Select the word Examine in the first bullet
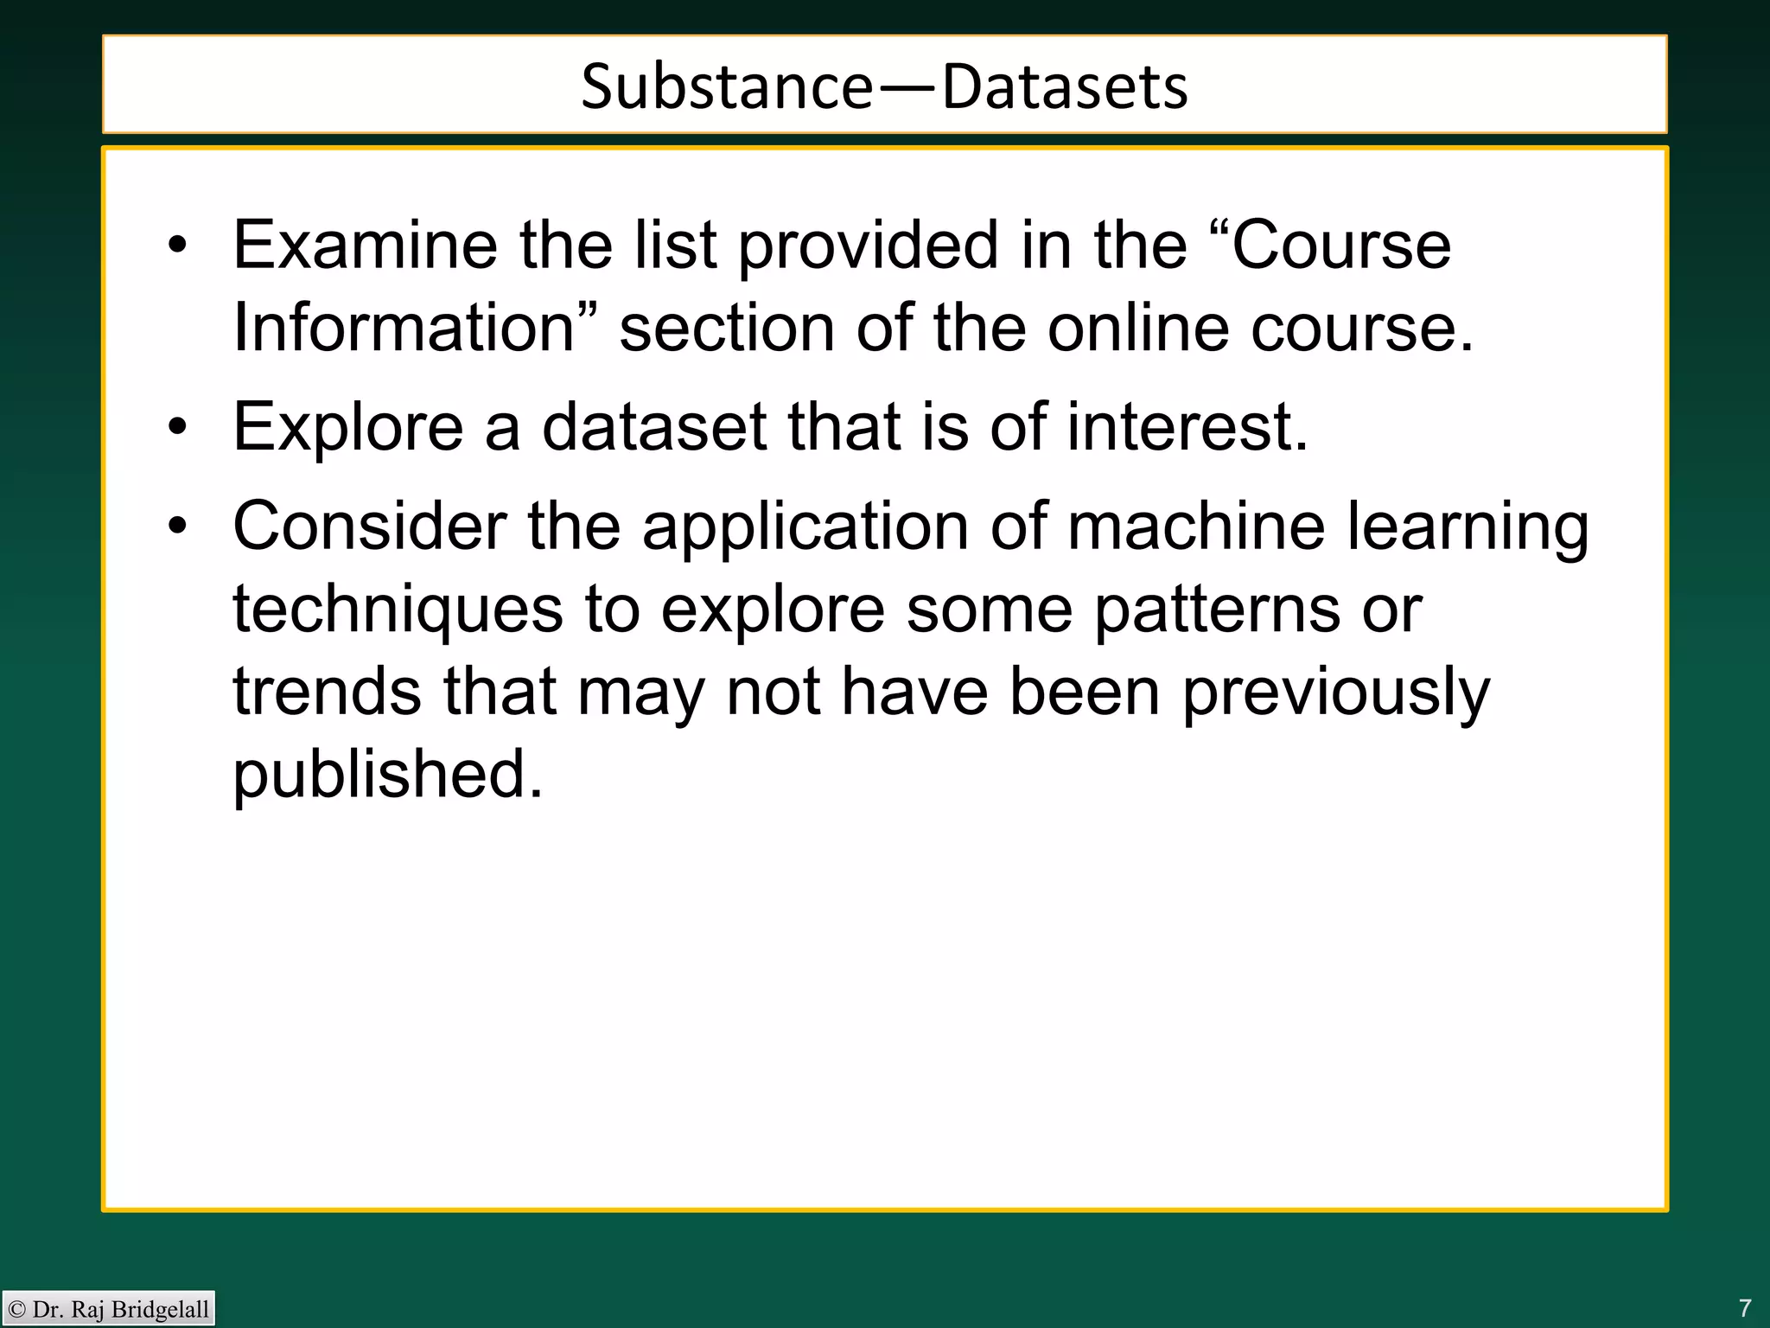[365, 246]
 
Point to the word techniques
[398, 610]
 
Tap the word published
[387, 775]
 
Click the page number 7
[1745, 1307]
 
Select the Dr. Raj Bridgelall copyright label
[109, 1309]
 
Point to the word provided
[869, 247]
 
